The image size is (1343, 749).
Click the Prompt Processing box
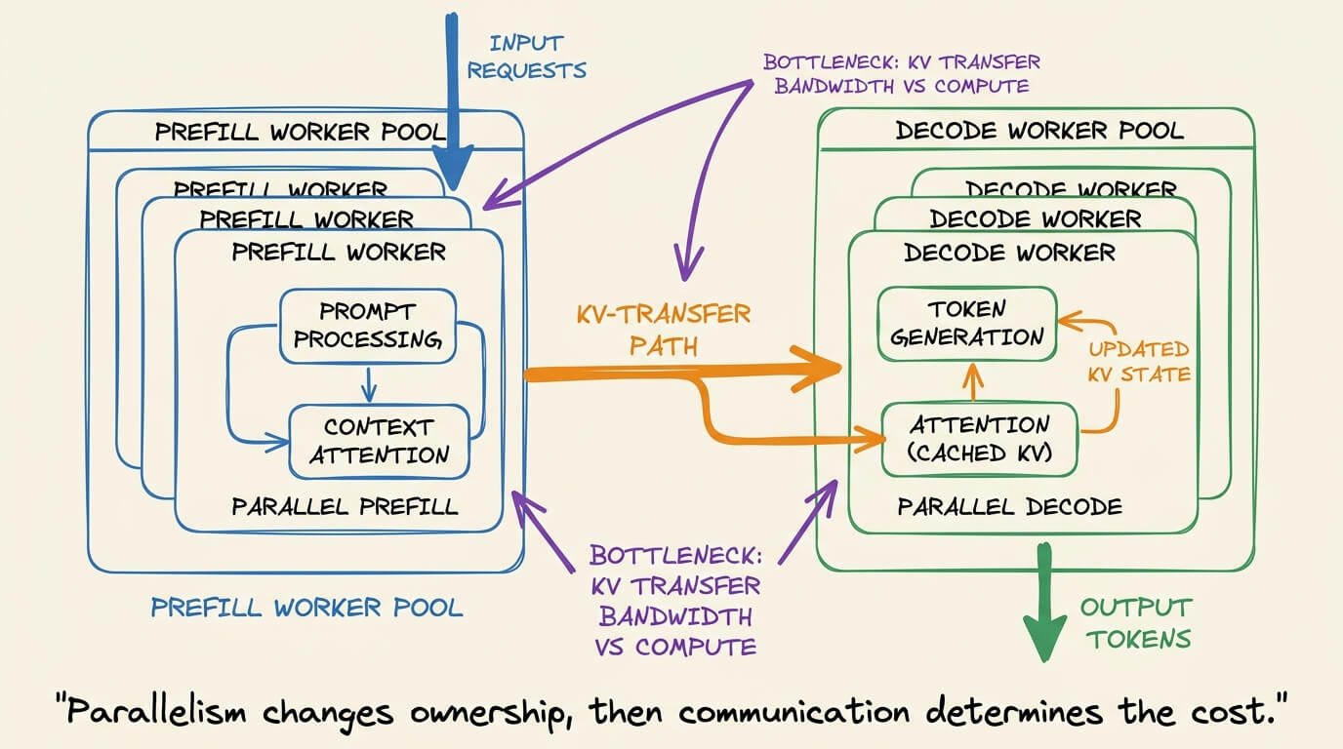368,326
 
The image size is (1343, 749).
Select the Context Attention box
379,442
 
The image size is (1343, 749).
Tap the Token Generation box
966,324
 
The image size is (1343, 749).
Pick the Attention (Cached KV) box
980,439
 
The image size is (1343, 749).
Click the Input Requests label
526,57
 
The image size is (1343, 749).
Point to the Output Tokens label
1138,623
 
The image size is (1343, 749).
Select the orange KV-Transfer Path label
664,331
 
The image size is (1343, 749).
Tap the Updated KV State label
1139,361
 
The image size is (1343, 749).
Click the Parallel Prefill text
345,507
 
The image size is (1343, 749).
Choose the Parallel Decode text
1009,507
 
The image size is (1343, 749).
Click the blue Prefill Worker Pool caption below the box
307,608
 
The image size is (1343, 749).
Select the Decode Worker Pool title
1039,131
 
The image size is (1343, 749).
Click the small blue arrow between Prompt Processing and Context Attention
369,384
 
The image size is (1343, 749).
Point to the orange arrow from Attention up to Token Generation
972,383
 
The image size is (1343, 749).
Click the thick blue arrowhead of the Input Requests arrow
453,168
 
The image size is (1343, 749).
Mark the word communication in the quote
794,712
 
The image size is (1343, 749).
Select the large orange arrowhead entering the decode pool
818,369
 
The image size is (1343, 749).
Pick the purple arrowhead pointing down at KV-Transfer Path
687,263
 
